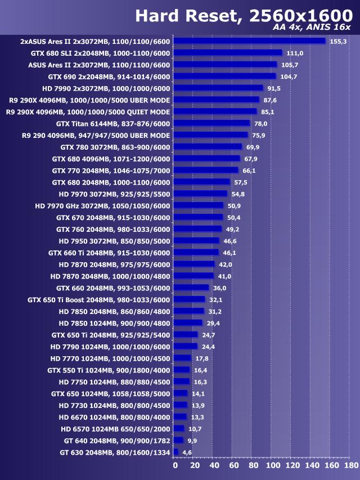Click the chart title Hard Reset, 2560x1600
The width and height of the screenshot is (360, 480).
coord(240,16)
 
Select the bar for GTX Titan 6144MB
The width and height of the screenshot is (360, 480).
coord(211,123)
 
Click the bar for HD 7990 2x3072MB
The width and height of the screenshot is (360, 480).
coord(218,88)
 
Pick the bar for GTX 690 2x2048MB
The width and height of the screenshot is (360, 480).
coord(224,76)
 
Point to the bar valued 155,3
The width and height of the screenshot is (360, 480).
coord(249,41)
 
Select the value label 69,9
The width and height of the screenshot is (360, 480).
coord(253,147)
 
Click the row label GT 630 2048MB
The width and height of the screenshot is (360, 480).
coord(115,452)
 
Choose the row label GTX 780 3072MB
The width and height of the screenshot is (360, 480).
coord(115,147)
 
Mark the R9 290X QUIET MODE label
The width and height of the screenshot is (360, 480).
coord(88,111)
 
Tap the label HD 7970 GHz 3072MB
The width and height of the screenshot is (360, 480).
coord(102,205)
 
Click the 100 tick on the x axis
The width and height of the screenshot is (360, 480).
coord(272,465)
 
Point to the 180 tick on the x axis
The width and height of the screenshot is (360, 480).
coord(350,465)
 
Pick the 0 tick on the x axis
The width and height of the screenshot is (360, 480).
coord(175,465)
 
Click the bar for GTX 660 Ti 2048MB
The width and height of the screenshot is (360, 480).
coord(196,252)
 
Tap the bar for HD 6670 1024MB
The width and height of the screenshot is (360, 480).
coord(180,416)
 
